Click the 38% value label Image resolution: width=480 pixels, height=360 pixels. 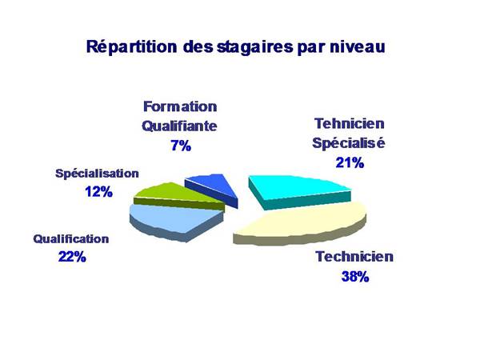point(355,277)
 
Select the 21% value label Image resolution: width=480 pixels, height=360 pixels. point(350,162)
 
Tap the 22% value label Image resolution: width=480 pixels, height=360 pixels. point(72,257)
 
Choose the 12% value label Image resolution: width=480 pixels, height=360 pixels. point(99,192)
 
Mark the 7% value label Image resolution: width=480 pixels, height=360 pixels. point(181,146)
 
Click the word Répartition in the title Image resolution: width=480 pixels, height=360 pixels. point(132,47)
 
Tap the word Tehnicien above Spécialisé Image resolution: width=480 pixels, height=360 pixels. point(350,123)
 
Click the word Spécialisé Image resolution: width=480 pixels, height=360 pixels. point(349,143)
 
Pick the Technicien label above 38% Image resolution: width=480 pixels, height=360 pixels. point(354,257)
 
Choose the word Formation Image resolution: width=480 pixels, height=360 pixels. point(180,106)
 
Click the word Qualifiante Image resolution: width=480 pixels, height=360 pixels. point(179,126)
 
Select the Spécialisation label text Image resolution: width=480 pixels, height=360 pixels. point(97,174)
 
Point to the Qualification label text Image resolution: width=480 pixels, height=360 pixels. point(71,238)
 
